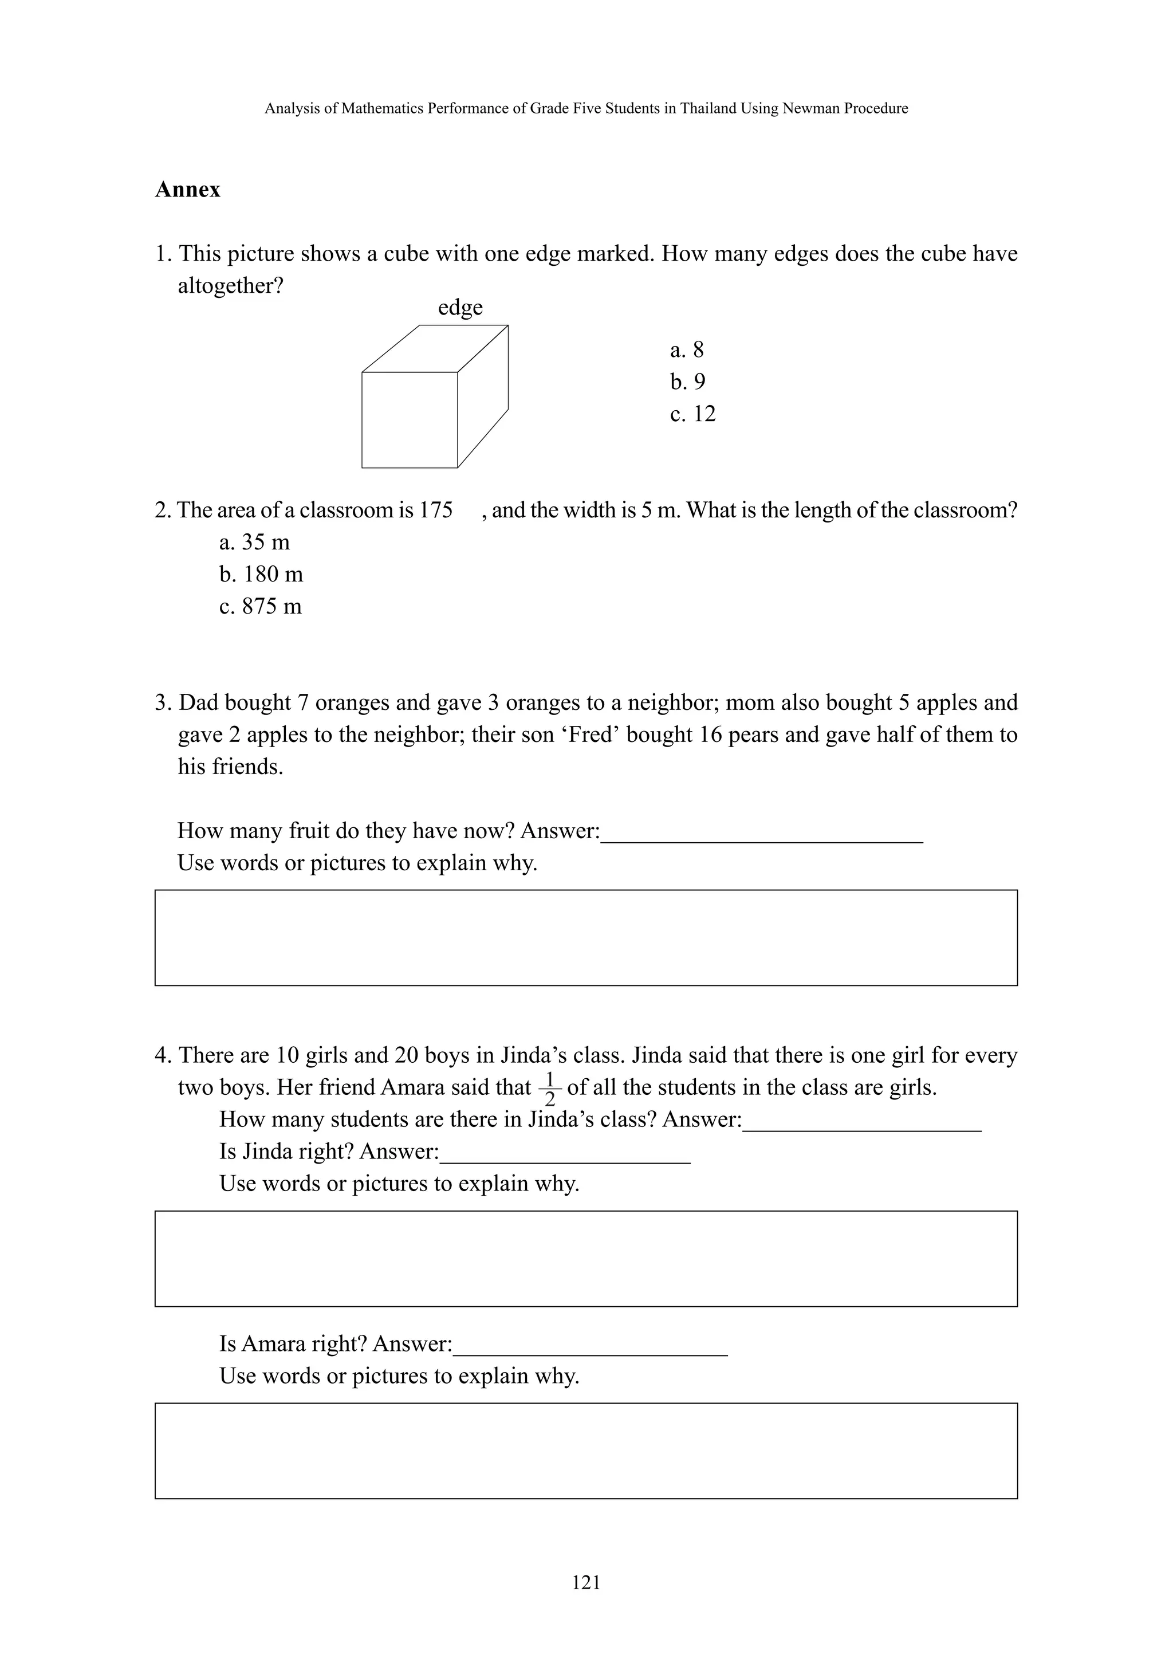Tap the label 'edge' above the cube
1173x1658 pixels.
click(x=460, y=308)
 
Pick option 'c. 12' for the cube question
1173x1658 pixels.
click(x=692, y=414)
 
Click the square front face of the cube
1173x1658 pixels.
click(x=409, y=420)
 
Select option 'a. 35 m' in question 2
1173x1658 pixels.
click(x=254, y=542)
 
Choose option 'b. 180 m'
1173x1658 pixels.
click(x=261, y=574)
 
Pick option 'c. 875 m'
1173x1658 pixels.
click(x=260, y=606)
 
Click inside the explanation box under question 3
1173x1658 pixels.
click(x=586, y=938)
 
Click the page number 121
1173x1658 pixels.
click(x=586, y=1583)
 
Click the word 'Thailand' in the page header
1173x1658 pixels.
click(x=709, y=108)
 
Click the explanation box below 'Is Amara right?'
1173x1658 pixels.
click(x=586, y=1451)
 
